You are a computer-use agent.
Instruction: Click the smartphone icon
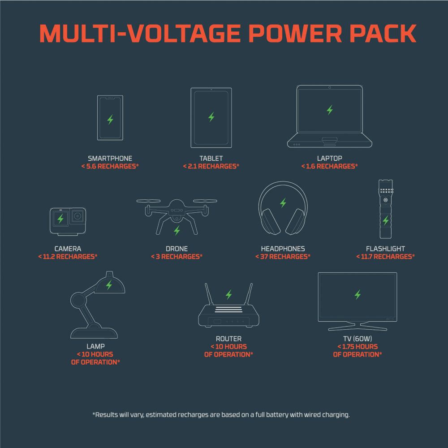(x=110, y=118)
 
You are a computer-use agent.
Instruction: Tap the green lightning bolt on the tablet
(x=211, y=117)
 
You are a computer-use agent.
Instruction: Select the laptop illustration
(x=329, y=116)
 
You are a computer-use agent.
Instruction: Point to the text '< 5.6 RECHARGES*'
(x=110, y=166)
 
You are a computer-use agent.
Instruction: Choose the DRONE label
(x=177, y=249)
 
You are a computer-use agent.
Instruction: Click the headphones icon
(x=283, y=208)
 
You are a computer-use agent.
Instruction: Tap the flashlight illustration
(x=386, y=209)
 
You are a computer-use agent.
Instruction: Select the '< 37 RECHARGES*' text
(x=283, y=257)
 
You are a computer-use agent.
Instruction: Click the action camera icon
(x=68, y=221)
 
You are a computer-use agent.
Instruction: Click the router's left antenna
(x=209, y=294)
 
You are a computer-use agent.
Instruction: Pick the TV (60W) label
(x=358, y=339)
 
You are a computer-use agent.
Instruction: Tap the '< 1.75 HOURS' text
(x=358, y=347)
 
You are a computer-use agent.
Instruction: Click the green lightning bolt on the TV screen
(x=358, y=295)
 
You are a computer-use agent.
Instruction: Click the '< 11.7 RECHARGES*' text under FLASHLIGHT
(x=385, y=257)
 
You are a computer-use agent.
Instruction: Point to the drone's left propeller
(x=148, y=201)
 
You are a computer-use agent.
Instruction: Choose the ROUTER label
(x=228, y=339)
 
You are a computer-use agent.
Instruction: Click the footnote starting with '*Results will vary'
(x=221, y=414)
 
